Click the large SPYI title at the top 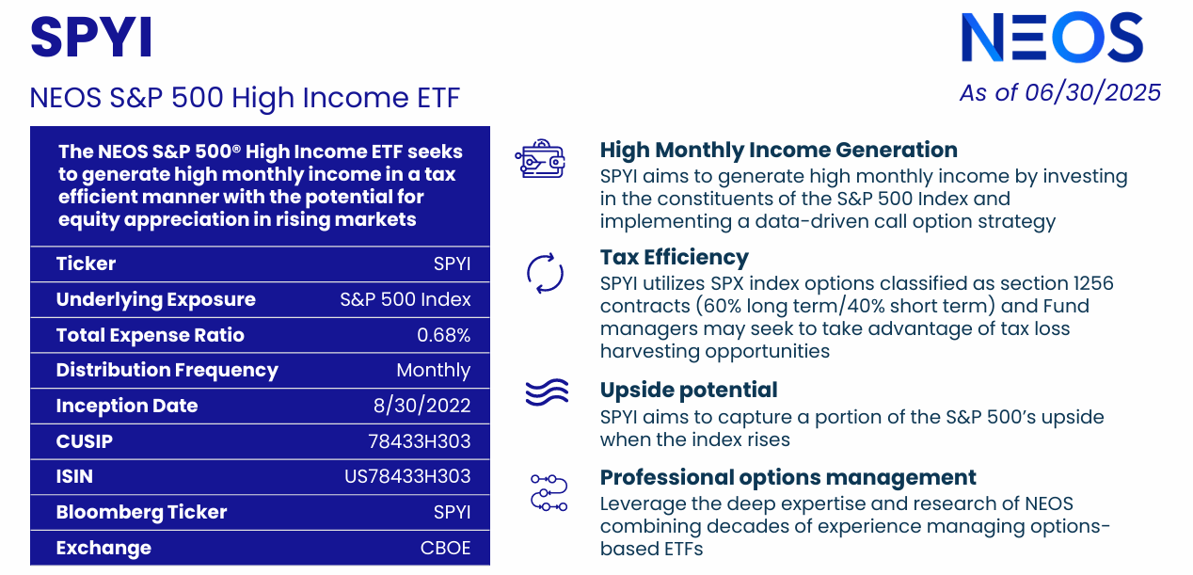[91, 39]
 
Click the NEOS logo [1051, 39]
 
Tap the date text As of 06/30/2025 [1059, 92]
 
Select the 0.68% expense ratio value [443, 336]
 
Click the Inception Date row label [127, 407]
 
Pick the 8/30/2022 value [422, 407]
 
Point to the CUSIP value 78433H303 [419, 441]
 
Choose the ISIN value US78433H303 [407, 477]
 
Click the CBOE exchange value [445, 548]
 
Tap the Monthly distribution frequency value [433, 371]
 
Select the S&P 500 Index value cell [405, 300]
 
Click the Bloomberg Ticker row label [141, 513]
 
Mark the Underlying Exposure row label [155, 300]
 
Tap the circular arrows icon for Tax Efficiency [545, 274]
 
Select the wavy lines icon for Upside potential [546, 392]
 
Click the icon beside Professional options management [549, 492]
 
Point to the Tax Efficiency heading [674, 258]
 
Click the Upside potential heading [689, 391]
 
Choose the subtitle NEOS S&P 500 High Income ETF [245, 98]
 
